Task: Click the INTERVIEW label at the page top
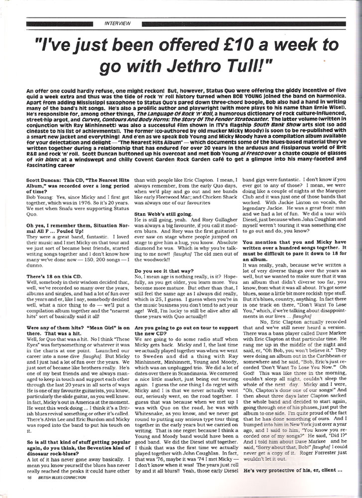pos(118,23)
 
